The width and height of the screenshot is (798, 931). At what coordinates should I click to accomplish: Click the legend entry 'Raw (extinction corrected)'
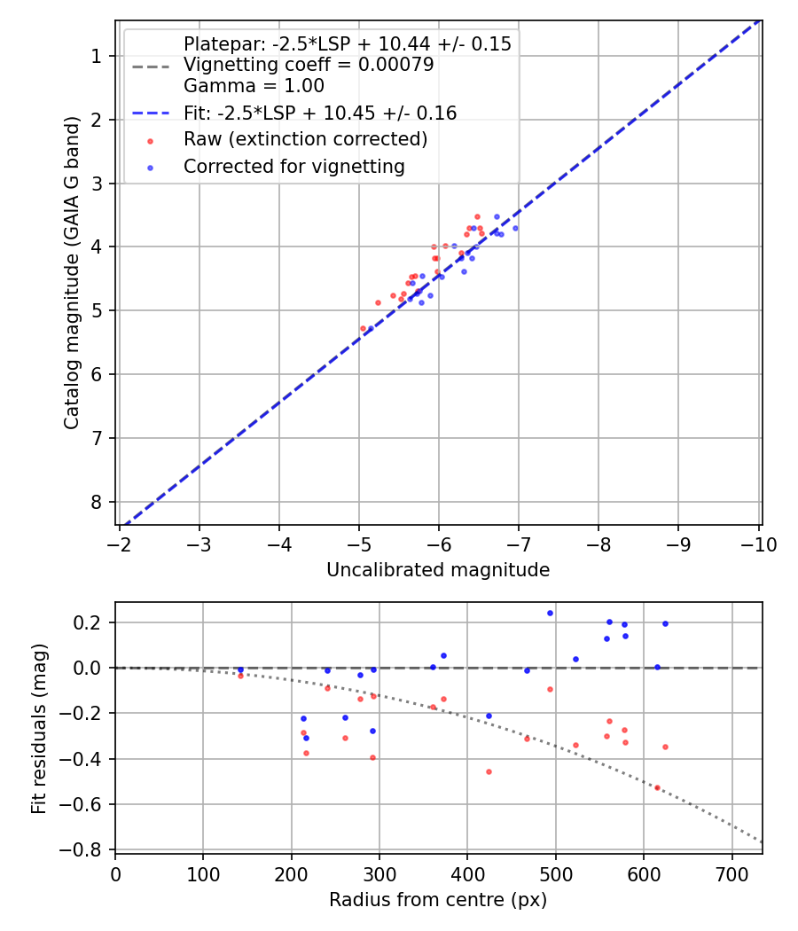tap(305, 139)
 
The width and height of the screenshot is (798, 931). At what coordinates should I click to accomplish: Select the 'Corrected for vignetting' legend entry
tap(293, 166)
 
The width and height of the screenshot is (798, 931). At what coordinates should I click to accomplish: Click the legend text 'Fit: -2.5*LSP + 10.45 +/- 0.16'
tap(320, 113)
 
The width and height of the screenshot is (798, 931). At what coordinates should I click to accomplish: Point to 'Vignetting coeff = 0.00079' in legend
tap(308, 65)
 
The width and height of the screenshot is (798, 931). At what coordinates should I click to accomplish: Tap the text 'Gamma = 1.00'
tap(254, 86)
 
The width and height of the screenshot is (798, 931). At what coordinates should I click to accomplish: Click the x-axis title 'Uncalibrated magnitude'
tap(438, 570)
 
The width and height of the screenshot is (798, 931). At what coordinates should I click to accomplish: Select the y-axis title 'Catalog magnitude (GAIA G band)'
tap(73, 272)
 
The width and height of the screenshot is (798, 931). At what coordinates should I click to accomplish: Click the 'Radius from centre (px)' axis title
tap(438, 900)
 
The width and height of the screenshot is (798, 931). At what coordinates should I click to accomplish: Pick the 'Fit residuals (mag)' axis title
tap(38, 729)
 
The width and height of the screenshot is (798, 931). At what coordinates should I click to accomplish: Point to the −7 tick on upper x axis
tap(519, 544)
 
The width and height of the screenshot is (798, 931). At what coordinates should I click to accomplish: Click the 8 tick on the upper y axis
tap(98, 502)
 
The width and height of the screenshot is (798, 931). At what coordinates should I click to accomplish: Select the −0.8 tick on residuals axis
tap(86, 849)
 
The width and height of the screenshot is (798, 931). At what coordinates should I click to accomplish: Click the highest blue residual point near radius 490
tap(550, 613)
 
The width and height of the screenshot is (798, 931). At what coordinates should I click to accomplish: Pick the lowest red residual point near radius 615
tap(657, 787)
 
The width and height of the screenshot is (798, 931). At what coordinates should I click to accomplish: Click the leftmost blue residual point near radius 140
tap(240, 669)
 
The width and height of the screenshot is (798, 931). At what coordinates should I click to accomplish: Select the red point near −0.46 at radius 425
tap(489, 771)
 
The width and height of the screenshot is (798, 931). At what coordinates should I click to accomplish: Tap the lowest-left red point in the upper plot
tap(363, 328)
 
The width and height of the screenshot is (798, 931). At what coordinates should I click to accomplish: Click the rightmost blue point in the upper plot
tap(515, 228)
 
